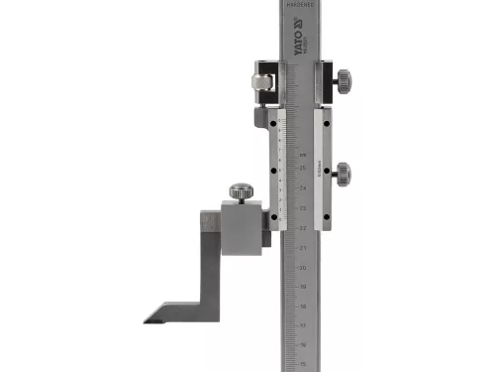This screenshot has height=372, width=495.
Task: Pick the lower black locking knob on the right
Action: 343,169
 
